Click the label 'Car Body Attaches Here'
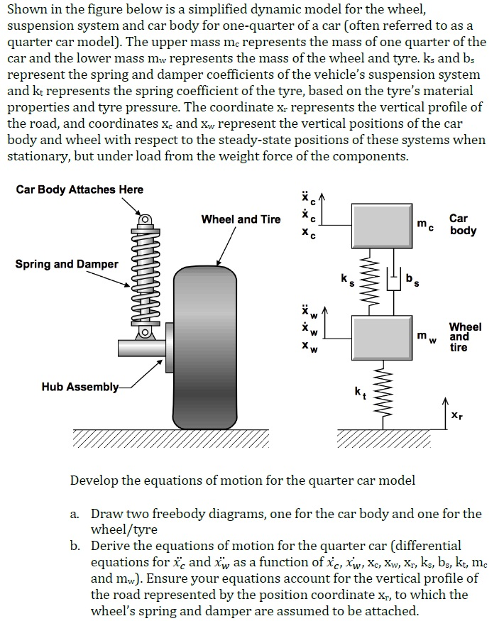(80, 189)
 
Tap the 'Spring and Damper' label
(67, 264)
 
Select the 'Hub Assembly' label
(79, 387)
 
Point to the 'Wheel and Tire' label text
(241, 219)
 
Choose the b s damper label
(411, 281)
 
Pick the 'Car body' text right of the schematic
(463, 225)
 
